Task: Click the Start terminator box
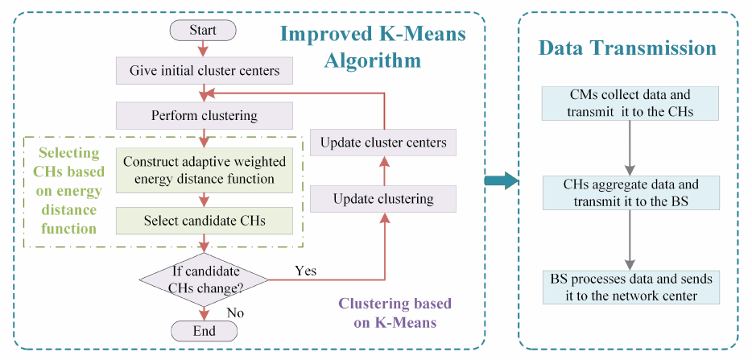tap(204, 31)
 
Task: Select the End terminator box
tap(205, 331)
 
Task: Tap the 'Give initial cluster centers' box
tap(205, 72)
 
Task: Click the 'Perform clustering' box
tap(205, 116)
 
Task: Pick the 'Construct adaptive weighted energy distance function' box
tap(205, 170)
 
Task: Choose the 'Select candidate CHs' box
tap(205, 221)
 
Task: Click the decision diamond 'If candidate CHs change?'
tap(205, 279)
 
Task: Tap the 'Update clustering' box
tap(382, 199)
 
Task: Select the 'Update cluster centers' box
tap(382, 143)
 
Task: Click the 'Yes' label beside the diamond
tap(305, 271)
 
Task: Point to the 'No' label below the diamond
tap(235, 313)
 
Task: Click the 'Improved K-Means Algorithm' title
tap(373, 47)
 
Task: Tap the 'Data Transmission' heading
tap(627, 48)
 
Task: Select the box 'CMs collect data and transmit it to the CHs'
tap(630, 103)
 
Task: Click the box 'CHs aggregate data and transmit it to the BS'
tap(630, 193)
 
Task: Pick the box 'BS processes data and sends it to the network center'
tap(630, 287)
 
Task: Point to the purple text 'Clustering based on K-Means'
tap(395, 313)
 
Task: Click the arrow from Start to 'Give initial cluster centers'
tap(204, 49)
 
